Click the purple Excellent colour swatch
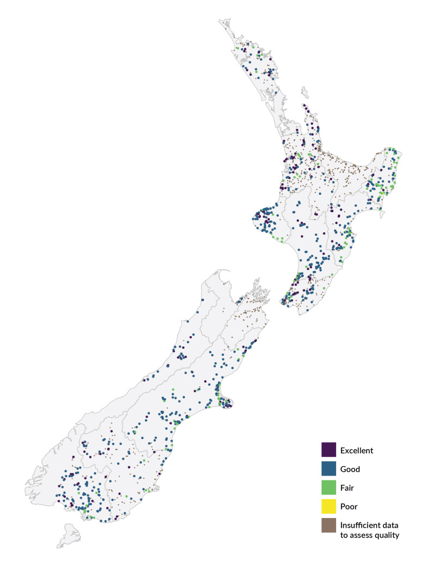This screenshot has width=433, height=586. click(x=328, y=450)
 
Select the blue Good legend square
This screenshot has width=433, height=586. click(x=328, y=469)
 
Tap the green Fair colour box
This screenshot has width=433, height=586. click(x=328, y=488)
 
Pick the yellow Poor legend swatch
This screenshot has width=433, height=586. click(x=328, y=507)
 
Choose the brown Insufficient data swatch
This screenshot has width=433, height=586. click(x=328, y=526)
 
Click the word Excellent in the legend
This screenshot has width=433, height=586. click(x=357, y=451)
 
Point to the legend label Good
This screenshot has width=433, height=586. click(x=350, y=469)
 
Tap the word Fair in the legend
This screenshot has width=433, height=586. click(x=347, y=488)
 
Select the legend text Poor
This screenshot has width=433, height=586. click(x=349, y=507)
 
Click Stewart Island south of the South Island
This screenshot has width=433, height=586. click(x=69, y=534)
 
